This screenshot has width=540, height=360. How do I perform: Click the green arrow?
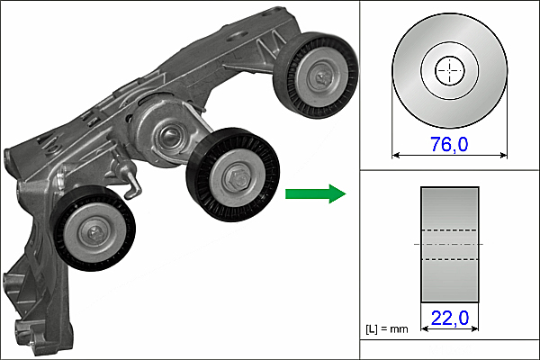316,193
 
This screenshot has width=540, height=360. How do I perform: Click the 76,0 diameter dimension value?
449,144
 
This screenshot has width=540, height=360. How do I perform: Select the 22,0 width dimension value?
450,318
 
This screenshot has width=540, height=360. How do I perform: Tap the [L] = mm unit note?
387,329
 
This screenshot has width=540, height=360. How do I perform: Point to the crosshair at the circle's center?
449,70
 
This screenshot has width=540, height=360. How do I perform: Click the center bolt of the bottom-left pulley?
94,233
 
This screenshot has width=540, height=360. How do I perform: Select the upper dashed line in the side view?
449,230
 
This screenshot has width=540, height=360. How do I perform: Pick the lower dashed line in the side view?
449,259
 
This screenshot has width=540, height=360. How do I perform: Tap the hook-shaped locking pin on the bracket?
129,177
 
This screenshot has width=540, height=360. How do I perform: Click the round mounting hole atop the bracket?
238,34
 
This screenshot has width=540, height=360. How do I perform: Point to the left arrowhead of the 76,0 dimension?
396,156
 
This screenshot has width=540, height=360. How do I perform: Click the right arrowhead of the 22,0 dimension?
475,329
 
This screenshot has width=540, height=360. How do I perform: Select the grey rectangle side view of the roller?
450,245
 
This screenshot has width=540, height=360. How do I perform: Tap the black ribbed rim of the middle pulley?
233,175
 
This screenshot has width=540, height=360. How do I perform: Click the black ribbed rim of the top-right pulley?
316,76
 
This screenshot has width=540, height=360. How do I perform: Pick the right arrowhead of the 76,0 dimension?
503,156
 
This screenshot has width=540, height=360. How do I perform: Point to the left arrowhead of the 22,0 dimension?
425,329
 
